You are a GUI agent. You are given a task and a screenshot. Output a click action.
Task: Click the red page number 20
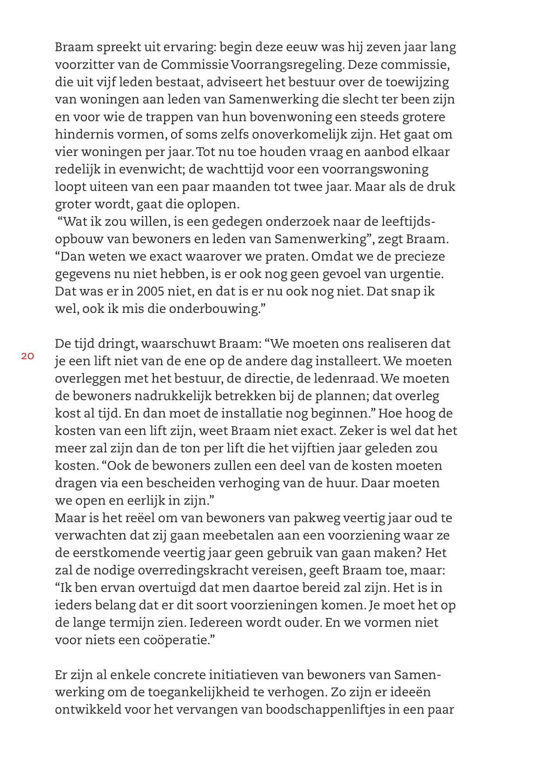(x=27, y=357)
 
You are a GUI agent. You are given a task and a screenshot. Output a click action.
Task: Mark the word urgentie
(x=414, y=274)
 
